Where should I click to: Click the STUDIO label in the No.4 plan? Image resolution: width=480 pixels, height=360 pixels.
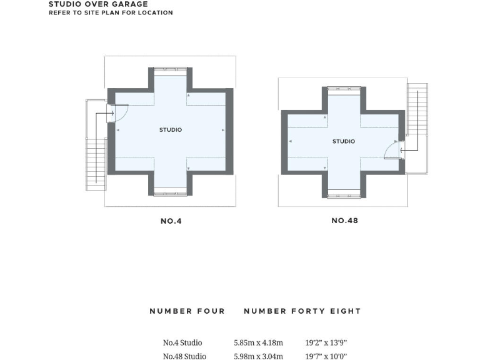171,130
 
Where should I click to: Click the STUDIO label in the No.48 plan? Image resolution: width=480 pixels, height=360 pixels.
343,142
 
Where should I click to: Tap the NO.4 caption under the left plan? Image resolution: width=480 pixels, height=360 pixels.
171,221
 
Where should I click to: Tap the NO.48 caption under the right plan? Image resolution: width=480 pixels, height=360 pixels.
344,221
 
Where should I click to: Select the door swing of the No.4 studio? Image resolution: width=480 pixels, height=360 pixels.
121,112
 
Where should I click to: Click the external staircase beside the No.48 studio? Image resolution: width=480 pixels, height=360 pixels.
416,109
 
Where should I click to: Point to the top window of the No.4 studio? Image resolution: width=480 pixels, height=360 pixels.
171,68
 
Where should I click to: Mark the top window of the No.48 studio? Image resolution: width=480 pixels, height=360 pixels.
344,89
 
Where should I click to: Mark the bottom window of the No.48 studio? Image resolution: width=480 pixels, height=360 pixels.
344,196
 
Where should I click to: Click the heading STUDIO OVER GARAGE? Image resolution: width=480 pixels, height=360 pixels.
98,4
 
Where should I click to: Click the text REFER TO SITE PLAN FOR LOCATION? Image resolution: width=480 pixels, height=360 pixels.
111,12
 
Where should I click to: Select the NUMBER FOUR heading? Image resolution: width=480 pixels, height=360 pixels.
187,311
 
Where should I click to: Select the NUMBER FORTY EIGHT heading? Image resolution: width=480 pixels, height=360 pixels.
302,311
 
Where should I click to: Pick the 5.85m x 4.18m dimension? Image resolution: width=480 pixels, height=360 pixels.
258,342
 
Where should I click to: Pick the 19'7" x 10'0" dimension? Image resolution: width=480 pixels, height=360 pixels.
326,356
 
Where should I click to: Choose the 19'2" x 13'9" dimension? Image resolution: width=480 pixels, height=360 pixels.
326,342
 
